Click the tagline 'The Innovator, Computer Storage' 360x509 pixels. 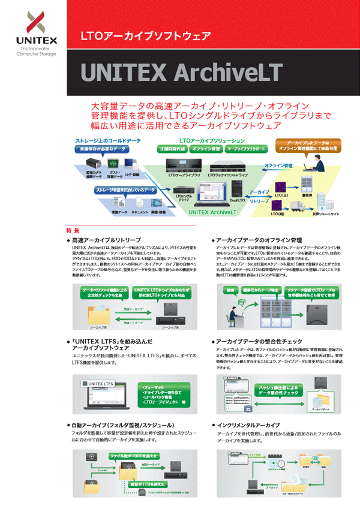[x=37, y=51]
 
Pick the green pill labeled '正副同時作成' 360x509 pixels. [x=173, y=148]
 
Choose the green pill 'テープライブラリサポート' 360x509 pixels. [x=246, y=148]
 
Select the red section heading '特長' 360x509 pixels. [x=73, y=230]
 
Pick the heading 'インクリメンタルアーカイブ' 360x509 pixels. [x=255, y=424]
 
